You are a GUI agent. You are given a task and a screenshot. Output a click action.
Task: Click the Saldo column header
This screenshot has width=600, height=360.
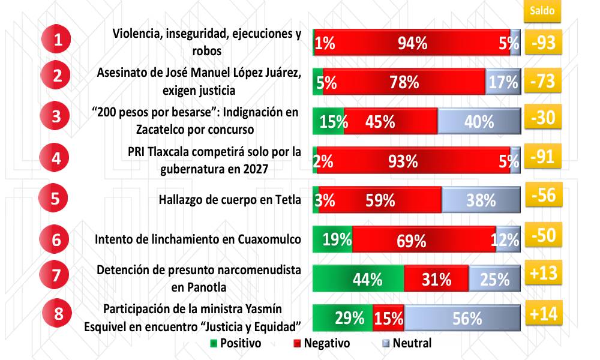tap(542, 10)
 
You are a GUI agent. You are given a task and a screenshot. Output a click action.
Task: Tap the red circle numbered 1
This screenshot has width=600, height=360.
tap(58, 41)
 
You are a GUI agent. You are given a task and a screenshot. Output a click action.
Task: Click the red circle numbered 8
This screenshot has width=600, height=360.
tap(58, 314)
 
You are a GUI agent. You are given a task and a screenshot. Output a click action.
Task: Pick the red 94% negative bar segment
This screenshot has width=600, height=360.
tap(412, 43)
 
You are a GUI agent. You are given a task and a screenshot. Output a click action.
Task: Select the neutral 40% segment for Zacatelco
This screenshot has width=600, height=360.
tap(479, 121)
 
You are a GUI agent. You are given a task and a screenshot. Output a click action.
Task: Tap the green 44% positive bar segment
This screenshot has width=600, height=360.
tap(358, 279)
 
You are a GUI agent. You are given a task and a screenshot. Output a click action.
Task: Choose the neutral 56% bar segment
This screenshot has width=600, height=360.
tap(462, 318)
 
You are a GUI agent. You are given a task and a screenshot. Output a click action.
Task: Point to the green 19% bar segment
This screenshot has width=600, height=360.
tap(333, 240)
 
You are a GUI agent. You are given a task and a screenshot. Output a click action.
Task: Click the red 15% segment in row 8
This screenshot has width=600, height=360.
tap(388, 318)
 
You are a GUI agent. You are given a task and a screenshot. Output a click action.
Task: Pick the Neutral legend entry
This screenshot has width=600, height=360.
tap(407, 344)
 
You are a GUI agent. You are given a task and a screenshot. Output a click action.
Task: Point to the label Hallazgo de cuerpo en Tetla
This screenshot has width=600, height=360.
tap(229, 200)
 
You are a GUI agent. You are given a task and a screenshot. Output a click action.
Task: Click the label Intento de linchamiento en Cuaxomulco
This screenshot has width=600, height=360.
tap(198, 239)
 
